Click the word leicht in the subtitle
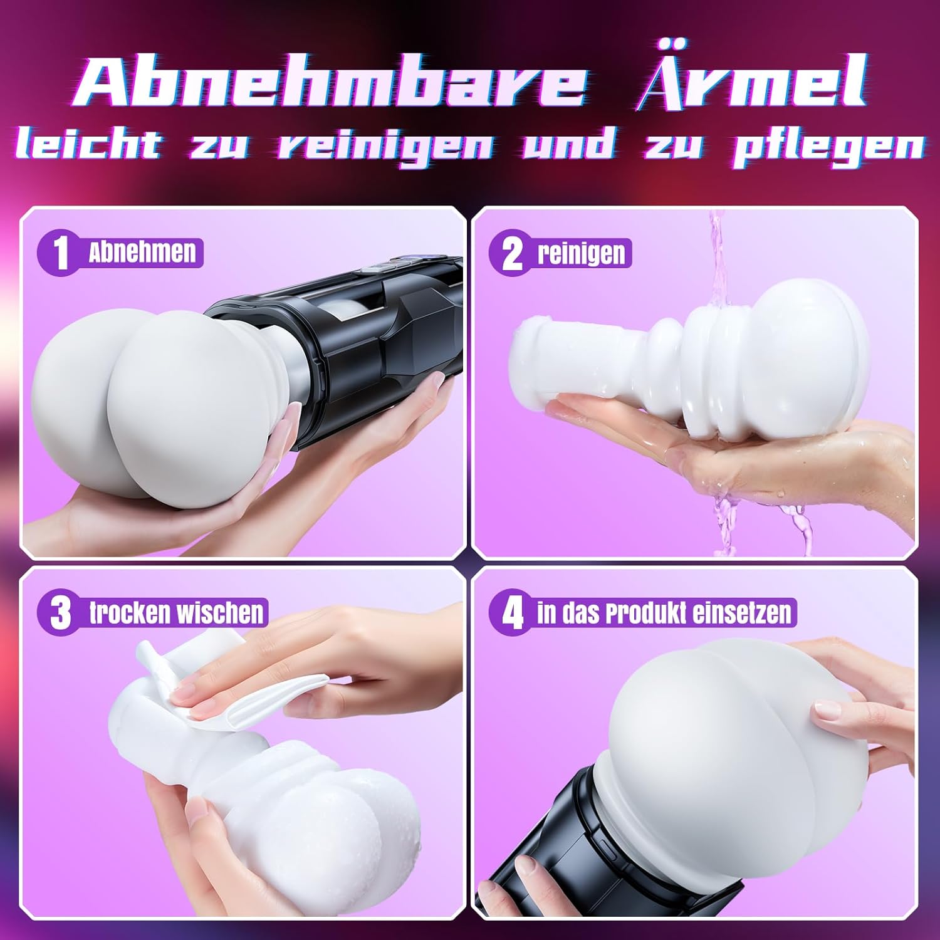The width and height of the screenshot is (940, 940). (x=88, y=145)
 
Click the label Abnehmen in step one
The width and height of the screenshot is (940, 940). (x=142, y=252)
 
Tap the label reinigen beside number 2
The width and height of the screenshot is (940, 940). (x=581, y=254)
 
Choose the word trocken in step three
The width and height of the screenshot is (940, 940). (x=128, y=612)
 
